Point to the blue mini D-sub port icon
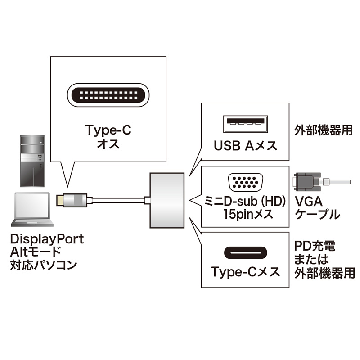[245, 182]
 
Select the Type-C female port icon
[245, 251]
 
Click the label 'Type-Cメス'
[245, 272]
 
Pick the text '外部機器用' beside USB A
[323, 131]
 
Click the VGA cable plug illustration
[315, 182]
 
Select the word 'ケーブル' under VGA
[318, 214]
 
